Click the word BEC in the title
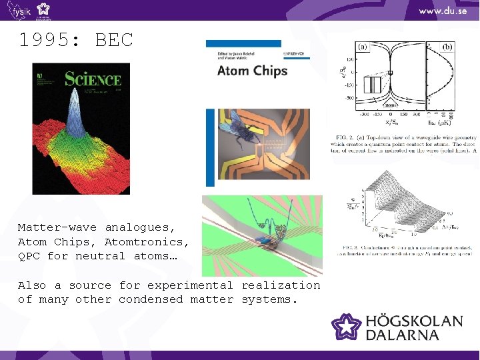click(114, 40)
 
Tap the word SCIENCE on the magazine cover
click(93, 79)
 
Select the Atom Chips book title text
click(252, 71)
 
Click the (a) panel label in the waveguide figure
click(363, 47)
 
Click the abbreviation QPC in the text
click(29, 256)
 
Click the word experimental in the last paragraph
click(190, 285)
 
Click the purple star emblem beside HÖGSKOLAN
click(347, 327)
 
